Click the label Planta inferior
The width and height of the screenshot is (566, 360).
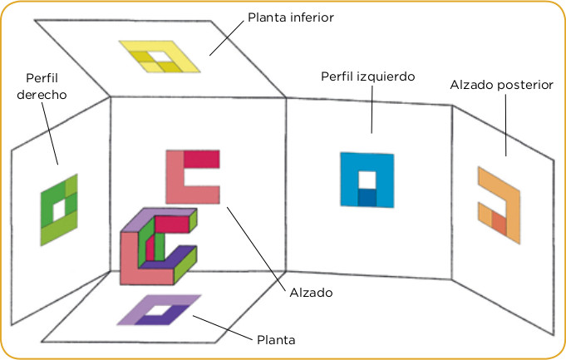click(290, 17)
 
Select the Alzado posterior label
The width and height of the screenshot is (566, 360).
click(501, 85)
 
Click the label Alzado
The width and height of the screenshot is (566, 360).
click(312, 292)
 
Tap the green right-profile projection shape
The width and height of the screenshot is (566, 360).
click(59, 209)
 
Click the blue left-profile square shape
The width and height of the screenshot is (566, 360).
click(366, 179)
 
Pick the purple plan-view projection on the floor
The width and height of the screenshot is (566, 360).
click(159, 310)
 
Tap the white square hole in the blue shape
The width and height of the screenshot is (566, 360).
click(367, 179)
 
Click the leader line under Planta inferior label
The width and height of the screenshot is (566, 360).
click(224, 38)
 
